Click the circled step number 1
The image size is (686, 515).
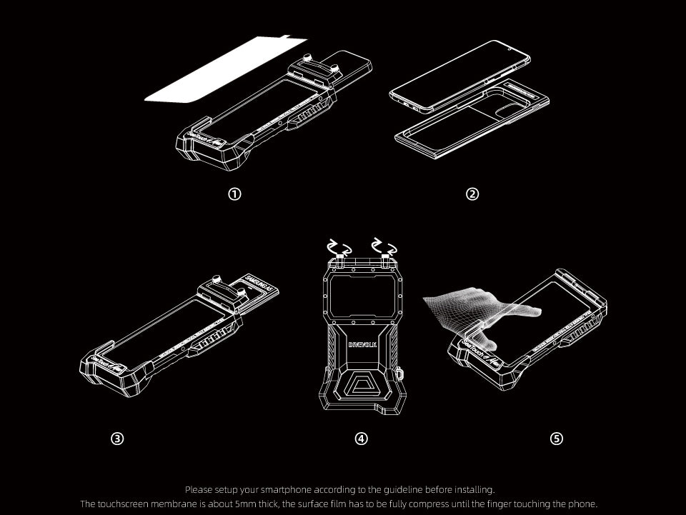234,194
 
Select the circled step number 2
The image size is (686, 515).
472,194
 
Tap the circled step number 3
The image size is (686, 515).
118,439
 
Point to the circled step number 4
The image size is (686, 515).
362,439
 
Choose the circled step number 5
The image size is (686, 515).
557,439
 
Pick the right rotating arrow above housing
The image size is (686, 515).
379,246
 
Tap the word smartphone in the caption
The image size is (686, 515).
286,489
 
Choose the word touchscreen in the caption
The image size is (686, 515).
124,504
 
